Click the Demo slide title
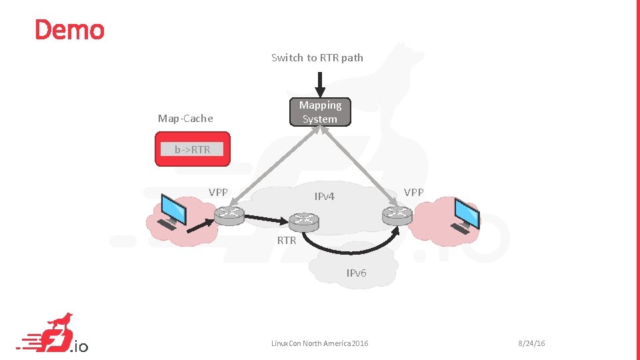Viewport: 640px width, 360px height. (69, 30)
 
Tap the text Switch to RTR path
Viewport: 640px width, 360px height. (317, 57)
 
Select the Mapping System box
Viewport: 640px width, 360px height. (320, 112)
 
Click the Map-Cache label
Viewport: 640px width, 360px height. (185, 119)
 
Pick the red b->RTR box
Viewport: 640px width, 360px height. (192, 149)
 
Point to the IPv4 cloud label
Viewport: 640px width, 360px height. (325, 196)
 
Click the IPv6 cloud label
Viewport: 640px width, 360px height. (356, 273)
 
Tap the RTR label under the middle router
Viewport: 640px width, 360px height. (287, 240)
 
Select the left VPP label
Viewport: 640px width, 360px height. (218, 192)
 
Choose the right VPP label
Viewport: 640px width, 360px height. (413, 192)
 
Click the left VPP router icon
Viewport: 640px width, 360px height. (230, 214)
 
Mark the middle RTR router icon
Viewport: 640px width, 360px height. (304, 221)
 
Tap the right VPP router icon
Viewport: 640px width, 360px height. (397, 214)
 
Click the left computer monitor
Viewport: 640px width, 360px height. (174, 211)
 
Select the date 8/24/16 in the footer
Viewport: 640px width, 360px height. (531, 343)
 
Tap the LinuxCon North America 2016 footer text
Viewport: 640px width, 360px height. (319, 343)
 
